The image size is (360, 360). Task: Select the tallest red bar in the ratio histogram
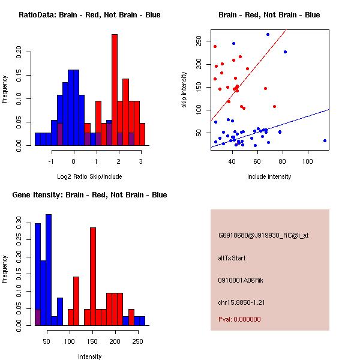click(114, 89)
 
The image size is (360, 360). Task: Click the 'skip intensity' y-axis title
click(185, 90)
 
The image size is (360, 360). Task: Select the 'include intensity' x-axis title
click(269, 176)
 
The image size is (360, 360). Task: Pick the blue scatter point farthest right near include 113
click(325, 140)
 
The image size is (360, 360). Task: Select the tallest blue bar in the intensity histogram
click(49, 270)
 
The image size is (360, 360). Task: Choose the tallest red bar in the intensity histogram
click(93, 276)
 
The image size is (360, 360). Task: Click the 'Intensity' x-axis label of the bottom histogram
click(89, 356)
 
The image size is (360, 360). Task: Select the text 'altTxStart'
click(232, 258)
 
